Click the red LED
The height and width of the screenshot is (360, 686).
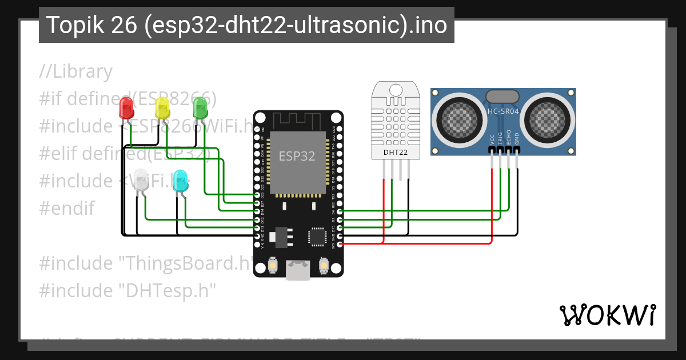[126, 108]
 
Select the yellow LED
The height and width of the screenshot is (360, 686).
[162, 107]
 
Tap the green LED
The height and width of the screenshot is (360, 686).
[200, 107]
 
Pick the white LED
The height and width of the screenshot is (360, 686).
[141, 181]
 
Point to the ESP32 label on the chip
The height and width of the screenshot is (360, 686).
[297, 156]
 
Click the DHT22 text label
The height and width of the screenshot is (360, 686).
[396, 152]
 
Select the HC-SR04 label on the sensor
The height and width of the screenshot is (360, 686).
[502, 111]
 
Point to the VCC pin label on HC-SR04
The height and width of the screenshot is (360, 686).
[492, 139]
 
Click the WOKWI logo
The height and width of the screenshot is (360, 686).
[607, 315]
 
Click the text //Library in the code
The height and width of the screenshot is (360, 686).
[76, 71]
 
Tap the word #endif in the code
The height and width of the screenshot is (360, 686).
[67, 208]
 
